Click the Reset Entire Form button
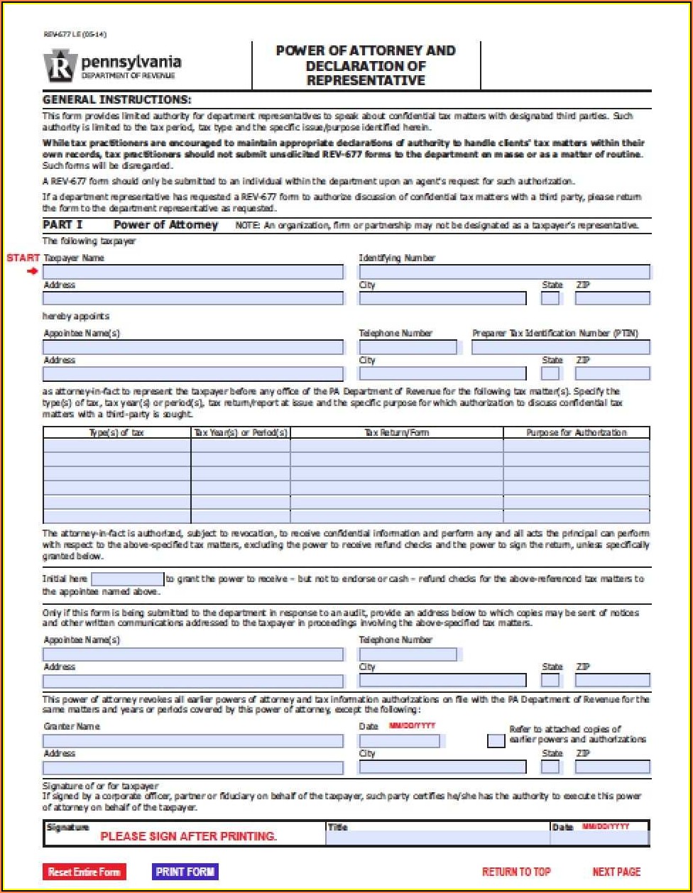[84, 872]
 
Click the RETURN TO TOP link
[516, 872]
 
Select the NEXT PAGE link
[616, 872]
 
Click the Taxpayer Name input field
[193, 272]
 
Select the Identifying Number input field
[504, 272]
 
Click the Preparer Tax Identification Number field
[560, 347]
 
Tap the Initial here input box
[128, 579]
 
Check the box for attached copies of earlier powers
[496, 740]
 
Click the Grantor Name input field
[193, 740]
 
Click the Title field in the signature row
[437, 838]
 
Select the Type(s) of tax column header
[116, 432]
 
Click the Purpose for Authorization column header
[576, 432]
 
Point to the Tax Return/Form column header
[396, 432]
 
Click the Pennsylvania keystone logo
[60, 67]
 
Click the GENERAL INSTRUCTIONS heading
[117, 99]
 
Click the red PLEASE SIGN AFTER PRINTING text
[188, 836]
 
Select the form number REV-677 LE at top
[65, 34]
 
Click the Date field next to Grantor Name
[399, 740]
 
